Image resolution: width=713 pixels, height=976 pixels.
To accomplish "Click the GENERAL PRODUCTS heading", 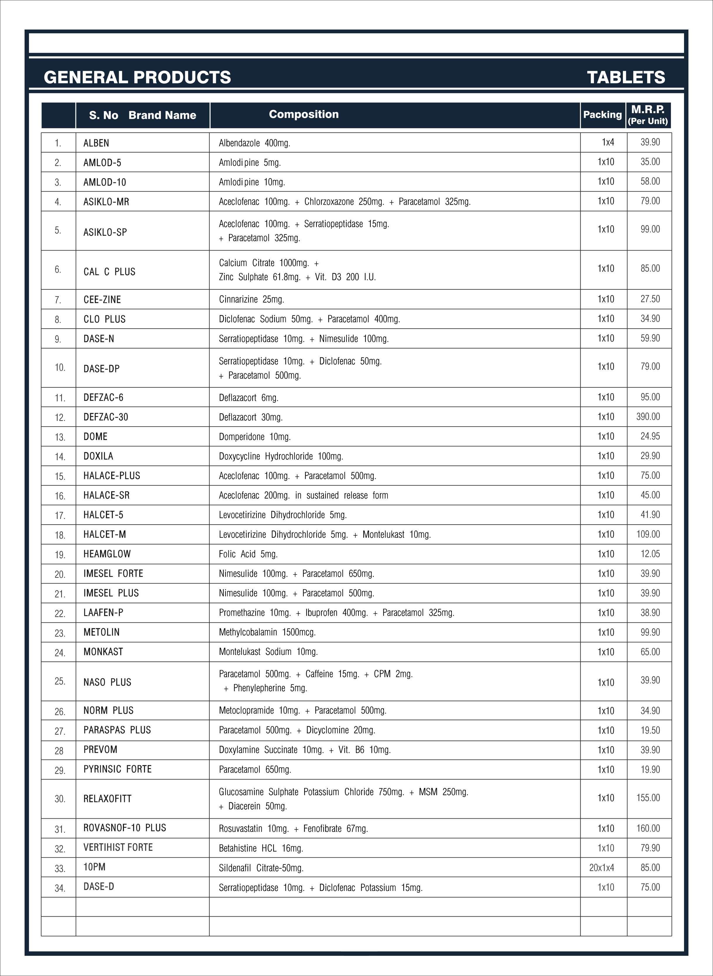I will [x=137, y=77].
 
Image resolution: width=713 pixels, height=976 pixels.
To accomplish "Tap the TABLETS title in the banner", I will [x=626, y=77].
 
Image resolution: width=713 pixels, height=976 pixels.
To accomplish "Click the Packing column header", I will [x=602, y=115].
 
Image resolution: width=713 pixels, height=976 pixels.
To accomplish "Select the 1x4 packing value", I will [x=608, y=142].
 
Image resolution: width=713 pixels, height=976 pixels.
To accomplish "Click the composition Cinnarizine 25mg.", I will [x=251, y=299].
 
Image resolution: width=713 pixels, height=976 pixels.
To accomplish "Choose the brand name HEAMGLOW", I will [x=107, y=554].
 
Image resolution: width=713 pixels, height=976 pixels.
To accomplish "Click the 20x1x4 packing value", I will [x=601, y=868].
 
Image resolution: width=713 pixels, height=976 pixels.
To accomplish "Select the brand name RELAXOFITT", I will [x=107, y=799].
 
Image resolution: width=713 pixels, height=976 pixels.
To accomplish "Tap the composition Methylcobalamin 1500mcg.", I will [x=267, y=632].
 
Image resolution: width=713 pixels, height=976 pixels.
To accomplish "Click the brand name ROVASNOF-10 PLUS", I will [x=125, y=828].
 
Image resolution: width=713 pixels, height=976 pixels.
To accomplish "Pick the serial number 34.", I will [x=60, y=888].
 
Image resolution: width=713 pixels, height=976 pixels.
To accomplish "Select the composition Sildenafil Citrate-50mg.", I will [x=261, y=868].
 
